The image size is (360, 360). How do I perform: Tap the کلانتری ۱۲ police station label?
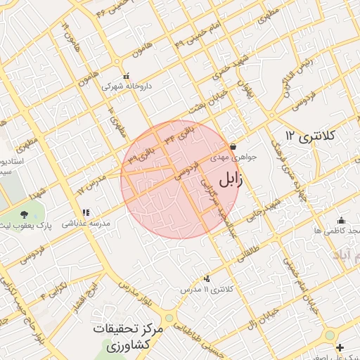click(x=311, y=135)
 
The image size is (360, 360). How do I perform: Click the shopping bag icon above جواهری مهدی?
click(x=233, y=147)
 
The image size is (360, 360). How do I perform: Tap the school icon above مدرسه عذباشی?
click(x=86, y=212)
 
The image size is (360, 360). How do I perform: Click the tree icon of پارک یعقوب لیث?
click(x=24, y=214)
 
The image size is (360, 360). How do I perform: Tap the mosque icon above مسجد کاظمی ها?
click(x=341, y=220)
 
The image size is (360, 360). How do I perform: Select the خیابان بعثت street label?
click(x=205, y=105)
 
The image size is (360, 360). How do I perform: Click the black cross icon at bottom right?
click(x=340, y=347)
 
